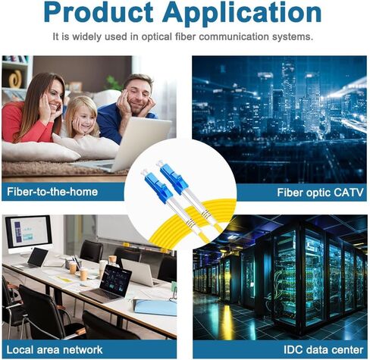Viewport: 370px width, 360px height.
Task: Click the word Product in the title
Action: tap(99, 12)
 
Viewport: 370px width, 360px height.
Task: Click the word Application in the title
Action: tap(242, 14)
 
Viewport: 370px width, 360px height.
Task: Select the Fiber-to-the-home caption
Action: tap(52, 192)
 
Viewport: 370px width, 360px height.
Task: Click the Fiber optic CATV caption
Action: tap(320, 193)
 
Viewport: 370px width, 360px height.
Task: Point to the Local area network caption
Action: tap(55, 350)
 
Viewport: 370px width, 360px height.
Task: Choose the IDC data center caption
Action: tap(323, 350)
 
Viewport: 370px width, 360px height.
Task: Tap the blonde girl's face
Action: tap(86, 119)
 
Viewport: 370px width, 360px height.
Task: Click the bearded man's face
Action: tap(139, 97)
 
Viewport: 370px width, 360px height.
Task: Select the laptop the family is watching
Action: tap(129, 146)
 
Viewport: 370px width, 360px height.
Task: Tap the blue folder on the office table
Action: tap(155, 308)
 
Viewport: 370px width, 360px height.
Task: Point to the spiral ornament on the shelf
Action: tap(16, 79)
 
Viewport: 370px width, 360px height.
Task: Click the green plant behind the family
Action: tap(113, 83)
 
